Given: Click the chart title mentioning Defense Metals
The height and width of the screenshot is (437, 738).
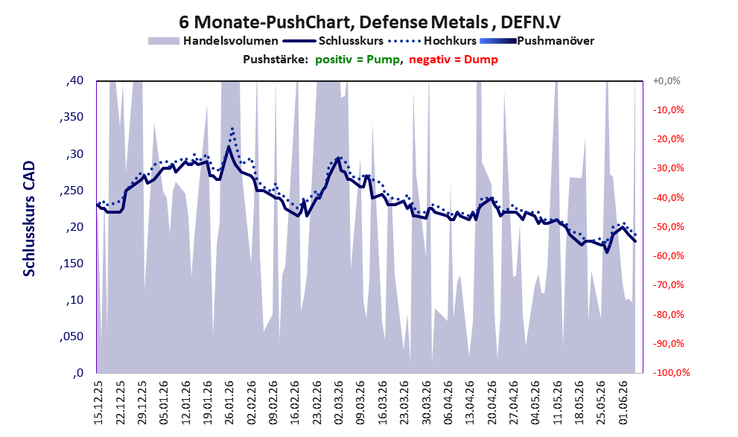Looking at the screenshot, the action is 369,22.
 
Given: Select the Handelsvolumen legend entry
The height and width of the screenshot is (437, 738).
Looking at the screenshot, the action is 213,41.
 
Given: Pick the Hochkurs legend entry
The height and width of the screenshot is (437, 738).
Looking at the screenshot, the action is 433,41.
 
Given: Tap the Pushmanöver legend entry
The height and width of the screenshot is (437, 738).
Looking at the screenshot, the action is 537,41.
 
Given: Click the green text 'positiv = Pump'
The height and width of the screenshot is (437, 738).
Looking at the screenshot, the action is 357,60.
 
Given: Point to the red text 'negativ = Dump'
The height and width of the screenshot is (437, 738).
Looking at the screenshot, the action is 454,60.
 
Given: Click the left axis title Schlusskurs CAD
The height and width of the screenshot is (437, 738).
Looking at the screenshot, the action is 29,219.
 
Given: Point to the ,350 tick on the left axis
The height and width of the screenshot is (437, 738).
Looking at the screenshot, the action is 71,117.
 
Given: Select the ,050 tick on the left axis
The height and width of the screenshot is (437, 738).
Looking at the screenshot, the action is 71,336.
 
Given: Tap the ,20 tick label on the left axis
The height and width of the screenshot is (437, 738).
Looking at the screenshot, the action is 74,227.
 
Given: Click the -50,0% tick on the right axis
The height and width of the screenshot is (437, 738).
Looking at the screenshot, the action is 668,227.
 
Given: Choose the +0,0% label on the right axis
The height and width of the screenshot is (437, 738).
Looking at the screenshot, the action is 667,81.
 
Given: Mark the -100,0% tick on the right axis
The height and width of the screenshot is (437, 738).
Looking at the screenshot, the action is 671,373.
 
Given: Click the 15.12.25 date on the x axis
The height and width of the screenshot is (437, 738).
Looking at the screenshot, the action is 98,403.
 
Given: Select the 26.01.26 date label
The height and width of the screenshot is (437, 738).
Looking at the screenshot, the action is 229,403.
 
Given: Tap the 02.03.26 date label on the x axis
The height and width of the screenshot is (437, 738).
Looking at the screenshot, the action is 340,403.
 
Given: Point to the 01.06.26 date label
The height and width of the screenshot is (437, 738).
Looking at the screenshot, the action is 624,403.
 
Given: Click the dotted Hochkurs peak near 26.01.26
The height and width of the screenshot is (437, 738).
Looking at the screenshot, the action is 232,128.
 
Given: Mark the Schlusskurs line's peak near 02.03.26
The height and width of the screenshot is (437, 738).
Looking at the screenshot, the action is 338,159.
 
